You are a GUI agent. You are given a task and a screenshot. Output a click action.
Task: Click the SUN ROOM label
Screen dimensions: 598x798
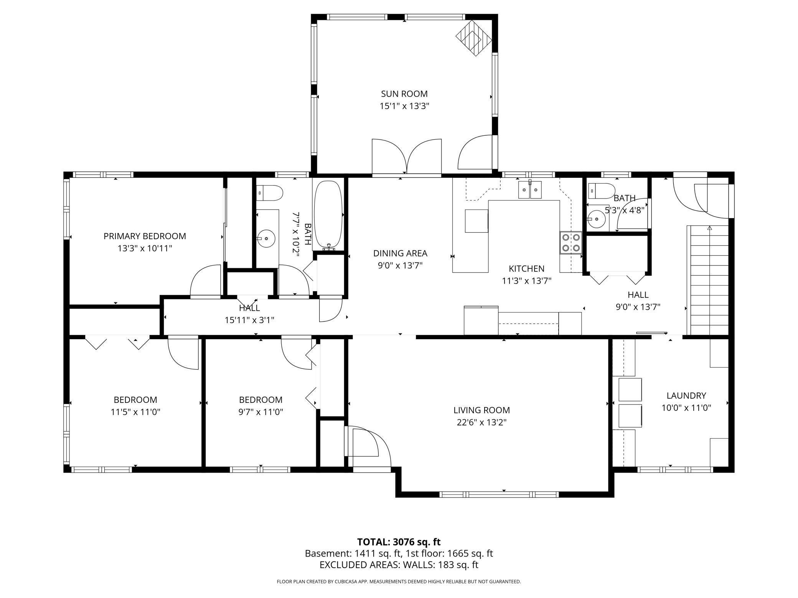(x=404, y=94)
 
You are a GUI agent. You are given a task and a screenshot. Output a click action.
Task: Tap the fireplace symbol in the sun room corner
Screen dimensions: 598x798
(x=474, y=38)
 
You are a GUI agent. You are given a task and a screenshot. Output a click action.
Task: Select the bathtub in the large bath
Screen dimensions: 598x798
(x=328, y=215)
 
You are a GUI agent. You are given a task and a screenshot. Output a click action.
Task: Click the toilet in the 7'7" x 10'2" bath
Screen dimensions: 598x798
(x=270, y=193)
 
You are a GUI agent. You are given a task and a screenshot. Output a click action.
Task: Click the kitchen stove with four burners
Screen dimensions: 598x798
(x=570, y=243)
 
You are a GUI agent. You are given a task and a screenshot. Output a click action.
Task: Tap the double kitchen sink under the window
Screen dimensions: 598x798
(x=530, y=190)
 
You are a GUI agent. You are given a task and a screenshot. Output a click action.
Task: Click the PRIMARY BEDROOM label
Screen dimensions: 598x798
(x=145, y=236)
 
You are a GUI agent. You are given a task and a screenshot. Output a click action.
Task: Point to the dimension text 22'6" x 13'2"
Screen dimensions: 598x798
(x=481, y=422)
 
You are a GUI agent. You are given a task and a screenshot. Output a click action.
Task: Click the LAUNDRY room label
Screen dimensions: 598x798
(x=686, y=396)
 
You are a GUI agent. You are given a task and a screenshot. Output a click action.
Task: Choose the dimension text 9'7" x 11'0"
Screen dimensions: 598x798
(x=261, y=412)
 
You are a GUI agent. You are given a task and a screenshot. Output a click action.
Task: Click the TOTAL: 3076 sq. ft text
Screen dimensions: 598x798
(x=399, y=542)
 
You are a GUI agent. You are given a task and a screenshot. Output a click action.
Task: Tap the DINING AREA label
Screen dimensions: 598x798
(x=400, y=253)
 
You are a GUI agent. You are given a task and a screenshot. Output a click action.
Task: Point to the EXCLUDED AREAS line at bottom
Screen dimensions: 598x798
(x=399, y=565)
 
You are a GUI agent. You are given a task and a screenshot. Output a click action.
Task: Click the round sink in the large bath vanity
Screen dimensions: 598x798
(x=266, y=238)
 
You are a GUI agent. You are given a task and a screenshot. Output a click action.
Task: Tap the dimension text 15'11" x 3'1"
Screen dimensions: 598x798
(x=249, y=320)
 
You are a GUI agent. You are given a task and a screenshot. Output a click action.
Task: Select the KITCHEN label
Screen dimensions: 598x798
(x=526, y=269)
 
